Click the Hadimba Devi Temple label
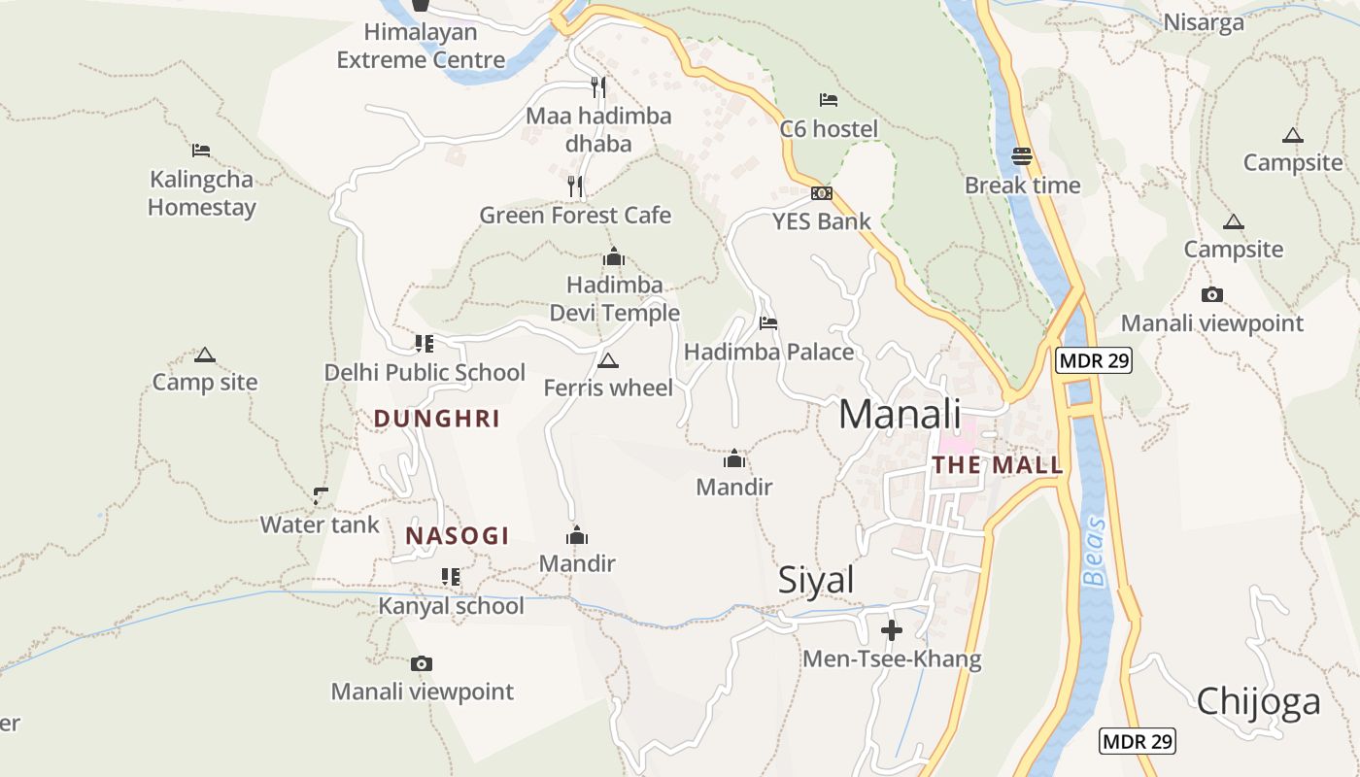tap(614, 299)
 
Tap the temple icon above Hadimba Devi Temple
tap(613, 257)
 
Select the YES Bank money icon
tap(822, 193)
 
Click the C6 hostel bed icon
tap(829, 100)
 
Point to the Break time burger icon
tap(1022, 156)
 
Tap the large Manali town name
tap(900, 414)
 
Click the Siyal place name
tap(816, 580)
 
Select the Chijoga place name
tap(1258, 701)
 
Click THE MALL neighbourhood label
tap(998, 465)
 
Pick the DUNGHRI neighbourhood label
tap(437, 419)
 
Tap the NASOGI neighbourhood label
tap(458, 536)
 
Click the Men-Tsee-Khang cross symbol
tap(892, 631)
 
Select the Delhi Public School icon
tap(425, 344)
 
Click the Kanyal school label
tap(451, 606)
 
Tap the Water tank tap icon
tap(321, 496)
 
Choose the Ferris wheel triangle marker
tap(608, 361)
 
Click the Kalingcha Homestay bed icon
tap(201, 151)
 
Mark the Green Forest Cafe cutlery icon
tap(575, 186)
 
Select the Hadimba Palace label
tap(769, 352)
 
